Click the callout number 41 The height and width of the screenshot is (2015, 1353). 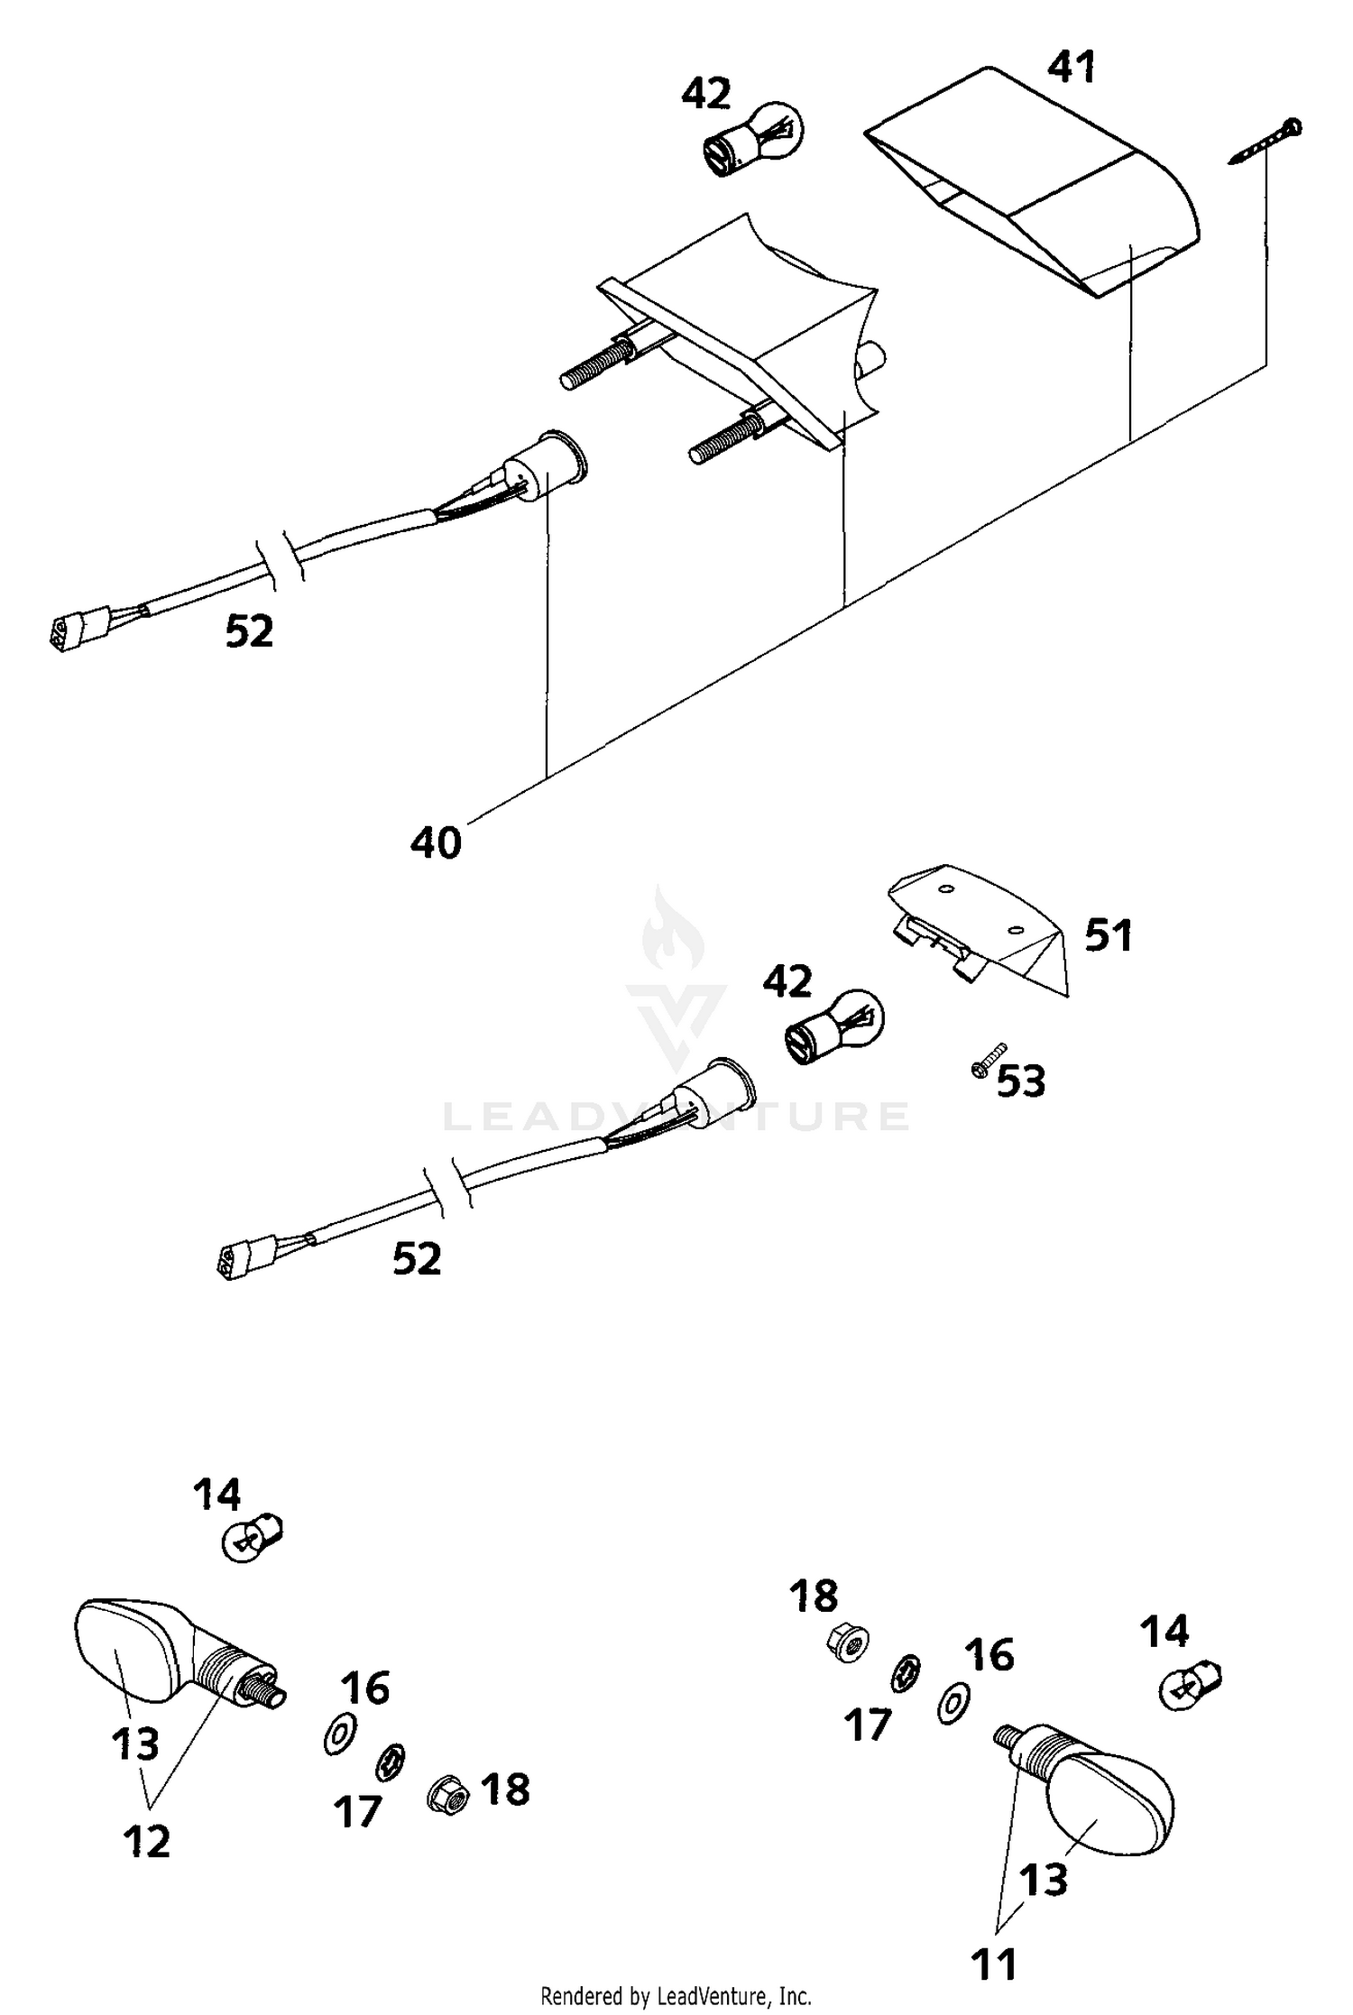tap(1072, 68)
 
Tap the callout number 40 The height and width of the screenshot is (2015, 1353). tap(436, 842)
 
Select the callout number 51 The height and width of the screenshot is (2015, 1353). tap(1108, 935)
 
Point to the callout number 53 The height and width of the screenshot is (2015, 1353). tap(1021, 1081)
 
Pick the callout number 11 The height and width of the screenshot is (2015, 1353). tap(994, 1964)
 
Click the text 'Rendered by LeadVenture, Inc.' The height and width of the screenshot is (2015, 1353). tap(676, 1995)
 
